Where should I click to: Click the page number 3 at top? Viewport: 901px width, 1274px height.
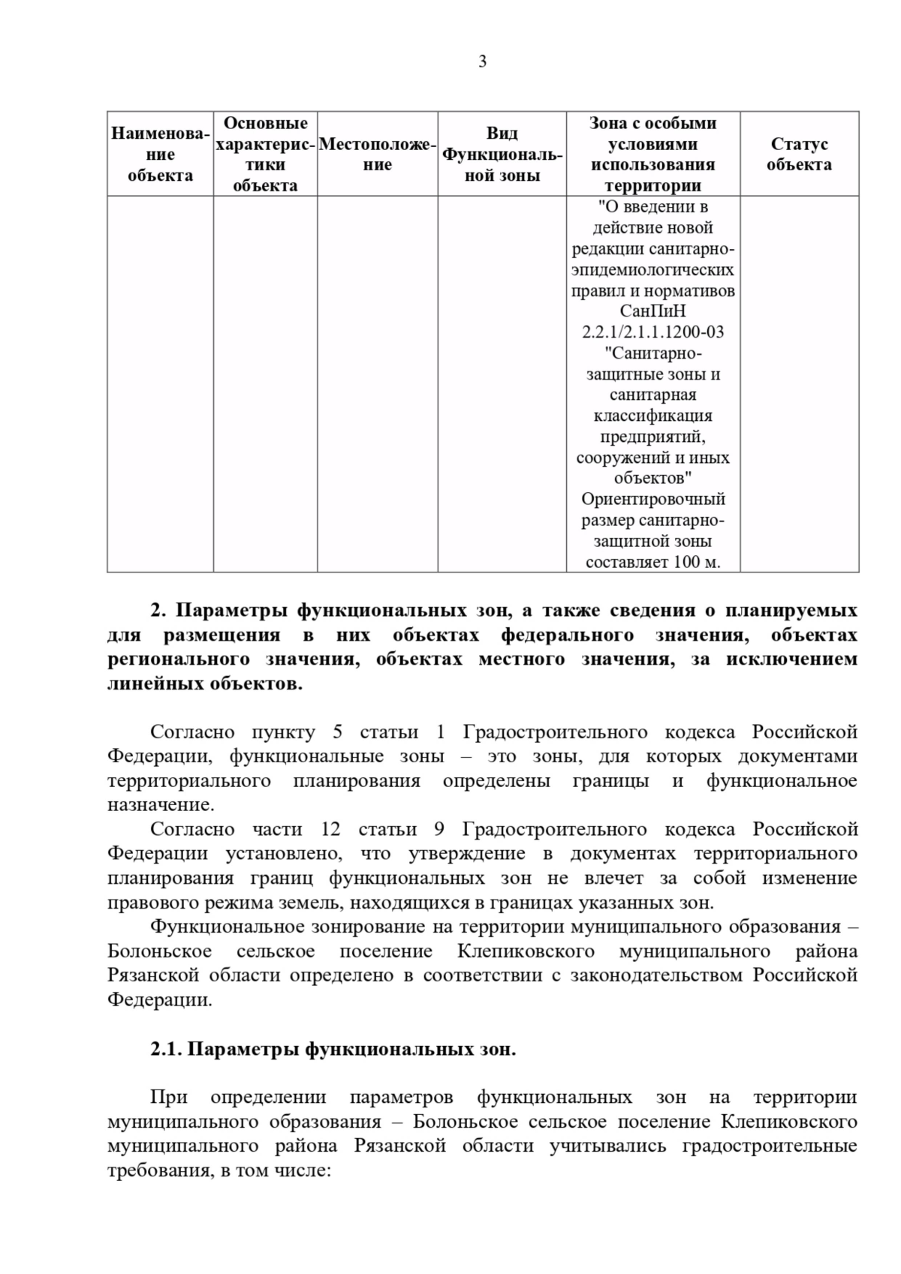[x=482, y=62]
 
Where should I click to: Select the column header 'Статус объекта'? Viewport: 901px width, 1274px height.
[x=799, y=154]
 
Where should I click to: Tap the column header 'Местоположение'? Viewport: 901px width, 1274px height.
[x=377, y=154]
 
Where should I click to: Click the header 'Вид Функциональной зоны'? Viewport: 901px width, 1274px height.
[x=502, y=154]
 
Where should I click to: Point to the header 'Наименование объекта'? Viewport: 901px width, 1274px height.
[x=160, y=154]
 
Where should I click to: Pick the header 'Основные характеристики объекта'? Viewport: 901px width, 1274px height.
[x=265, y=154]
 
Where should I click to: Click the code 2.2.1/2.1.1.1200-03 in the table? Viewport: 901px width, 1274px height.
[x=652, y=332]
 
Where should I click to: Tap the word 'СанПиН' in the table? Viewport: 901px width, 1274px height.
[x=652, y=311]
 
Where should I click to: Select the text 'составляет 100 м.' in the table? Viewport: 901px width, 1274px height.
[x=652, y=562]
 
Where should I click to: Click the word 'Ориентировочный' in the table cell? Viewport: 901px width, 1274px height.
[x=652, y=499]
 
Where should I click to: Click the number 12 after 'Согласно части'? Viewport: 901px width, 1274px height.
[x=330, y=829]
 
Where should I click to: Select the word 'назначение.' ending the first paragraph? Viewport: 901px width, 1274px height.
[x=161, y=805]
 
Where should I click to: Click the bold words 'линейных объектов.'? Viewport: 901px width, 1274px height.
[x=205, y=684]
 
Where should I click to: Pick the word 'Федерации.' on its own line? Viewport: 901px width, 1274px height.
[x=159, y=1000]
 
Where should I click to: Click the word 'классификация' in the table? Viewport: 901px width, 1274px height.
[x=652, y=416]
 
